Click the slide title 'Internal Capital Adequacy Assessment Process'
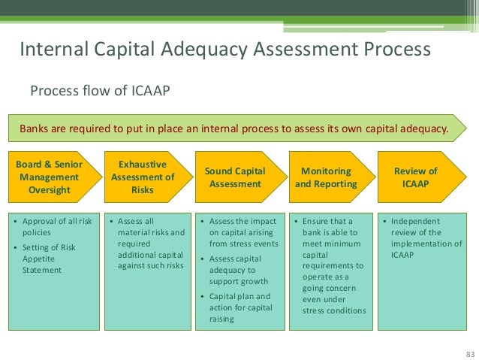224,50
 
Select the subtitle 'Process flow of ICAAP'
100,91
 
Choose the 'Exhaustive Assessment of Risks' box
143,177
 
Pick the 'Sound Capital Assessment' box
235,177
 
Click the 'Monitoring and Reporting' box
327,177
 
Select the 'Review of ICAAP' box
420,177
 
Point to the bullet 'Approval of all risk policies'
57,228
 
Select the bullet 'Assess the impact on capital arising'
241,233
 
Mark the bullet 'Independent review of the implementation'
425,238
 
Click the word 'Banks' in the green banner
36,128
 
